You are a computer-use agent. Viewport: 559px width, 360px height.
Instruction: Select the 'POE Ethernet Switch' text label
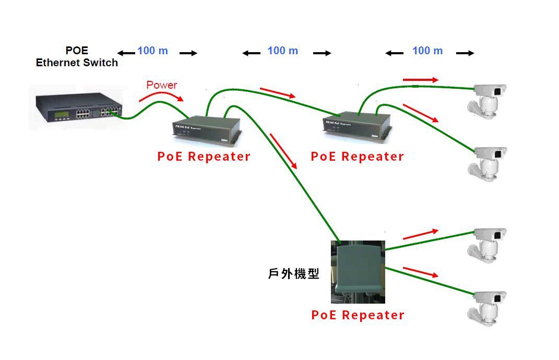coord(77,57)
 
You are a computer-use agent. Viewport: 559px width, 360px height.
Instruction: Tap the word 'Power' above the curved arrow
coord(161,85)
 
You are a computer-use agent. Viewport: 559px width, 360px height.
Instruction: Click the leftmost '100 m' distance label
coord(152,51)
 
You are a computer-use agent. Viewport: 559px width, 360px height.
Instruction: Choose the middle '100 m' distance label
coord(282,51)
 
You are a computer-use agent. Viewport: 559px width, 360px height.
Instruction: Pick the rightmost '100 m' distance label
coord(427,51)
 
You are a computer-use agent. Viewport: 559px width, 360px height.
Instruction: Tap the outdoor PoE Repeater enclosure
coord(358,271)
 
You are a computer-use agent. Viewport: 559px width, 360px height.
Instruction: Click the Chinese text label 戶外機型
coord(293,273)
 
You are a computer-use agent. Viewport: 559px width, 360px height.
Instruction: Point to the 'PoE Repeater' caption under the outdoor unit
coord(358,315)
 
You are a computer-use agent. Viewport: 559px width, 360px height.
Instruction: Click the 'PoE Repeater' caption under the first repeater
coord(204,157)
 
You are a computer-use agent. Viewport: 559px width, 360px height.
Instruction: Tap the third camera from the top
coord(488,244)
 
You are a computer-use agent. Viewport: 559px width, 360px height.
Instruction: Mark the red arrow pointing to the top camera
coord(421,79)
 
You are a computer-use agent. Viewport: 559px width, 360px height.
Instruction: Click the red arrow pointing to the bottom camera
coord(420,272)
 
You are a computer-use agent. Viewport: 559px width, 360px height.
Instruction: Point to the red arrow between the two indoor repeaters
coord(277,93)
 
